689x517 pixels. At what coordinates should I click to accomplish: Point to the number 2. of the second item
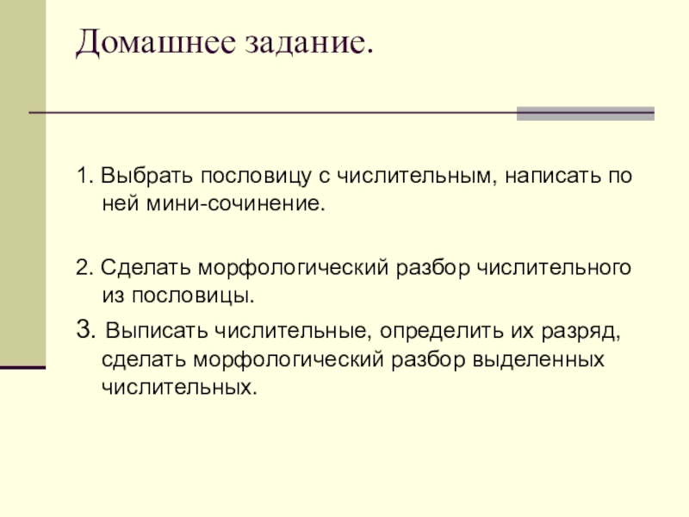tap(84, 268)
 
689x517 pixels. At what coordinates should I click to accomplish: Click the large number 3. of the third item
tap(84, 330)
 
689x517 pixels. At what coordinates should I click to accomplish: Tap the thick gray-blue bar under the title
tap(585, 113)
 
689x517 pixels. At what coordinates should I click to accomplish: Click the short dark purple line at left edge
tap(22, 367)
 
